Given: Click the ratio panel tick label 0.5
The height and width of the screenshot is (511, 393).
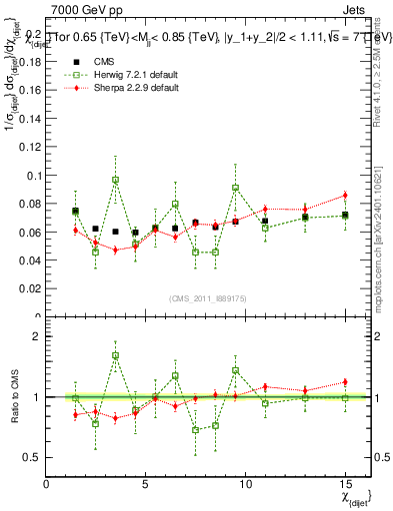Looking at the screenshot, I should point(31,457).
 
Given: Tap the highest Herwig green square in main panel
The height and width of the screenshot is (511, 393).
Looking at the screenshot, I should point(115,181).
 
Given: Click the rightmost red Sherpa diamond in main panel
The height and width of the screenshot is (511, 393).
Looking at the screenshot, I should point(344,195).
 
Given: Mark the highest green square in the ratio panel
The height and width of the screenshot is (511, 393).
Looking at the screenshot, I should point(115,355).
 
